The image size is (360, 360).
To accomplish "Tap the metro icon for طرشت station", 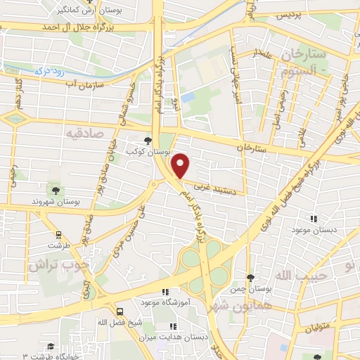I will (57, 236).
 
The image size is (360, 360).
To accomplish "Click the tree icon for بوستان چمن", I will (251, 278).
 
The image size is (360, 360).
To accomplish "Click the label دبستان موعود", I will (316, 231).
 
